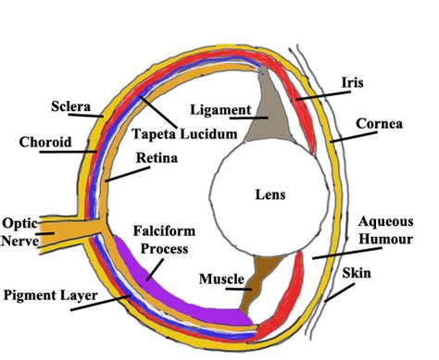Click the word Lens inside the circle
[x=270, y=194]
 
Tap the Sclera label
[x=71, y=106]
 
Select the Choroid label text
[x=45, y=142]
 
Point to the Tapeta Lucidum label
[x=184, y=134]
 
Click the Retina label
[x=157, y=157]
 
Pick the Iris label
[x=352, y=82]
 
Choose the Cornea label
[x=379, y=124]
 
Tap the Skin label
[x=357, y=273]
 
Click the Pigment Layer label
[x=51, y=295]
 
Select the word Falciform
[x=164, y=231]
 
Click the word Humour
[x=385, y=239]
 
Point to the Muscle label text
[x=221, y=279]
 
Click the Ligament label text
[x=220, y=110]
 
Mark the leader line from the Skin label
[x=339, y=292]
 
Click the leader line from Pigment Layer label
[x=101, y=303]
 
